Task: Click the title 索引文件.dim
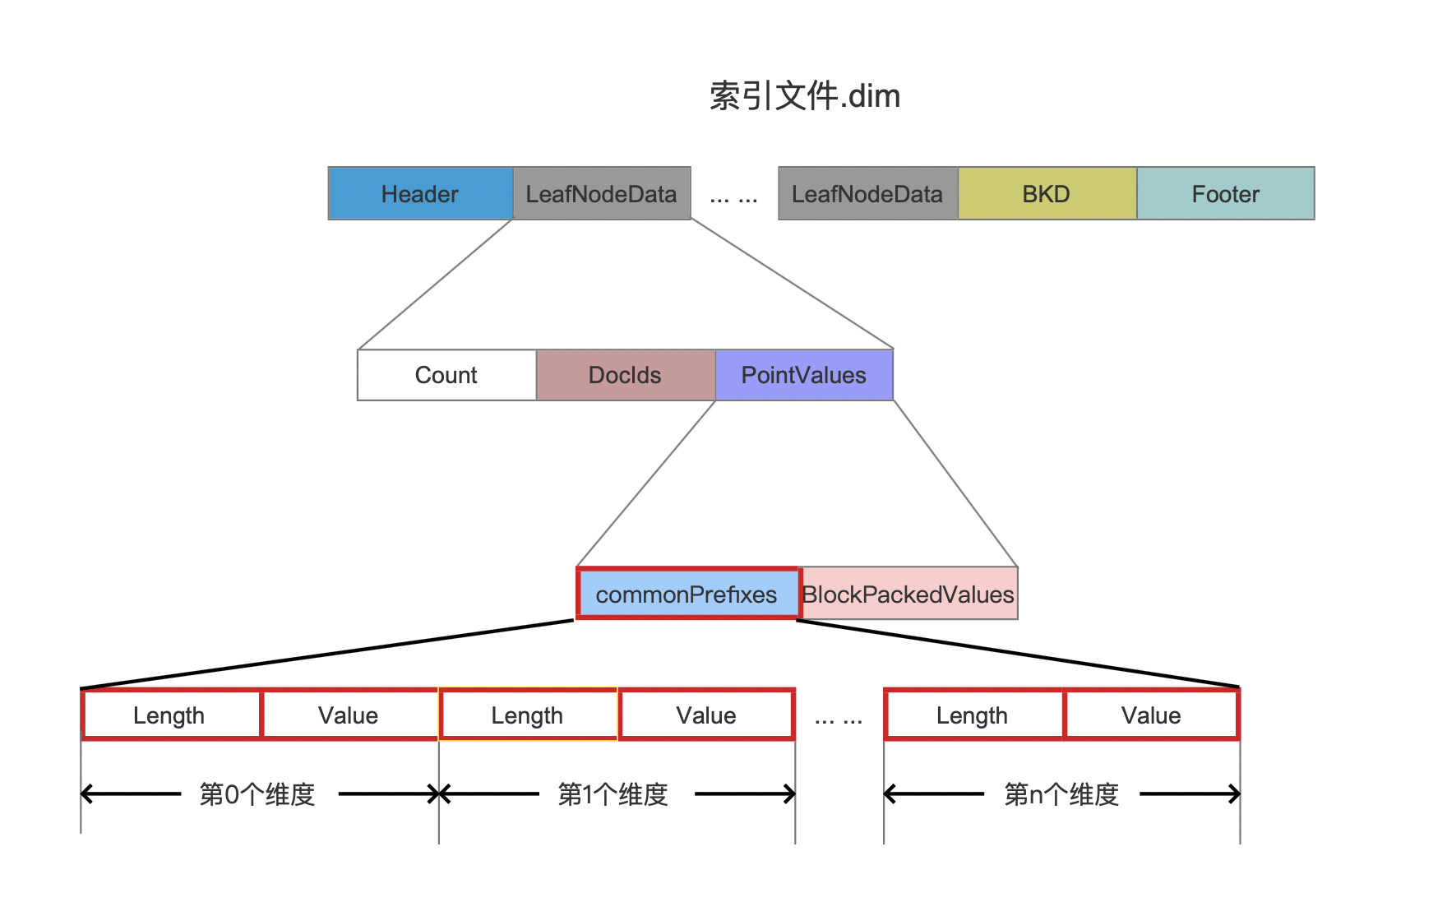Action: pos(805,96)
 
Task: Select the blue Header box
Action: pos(421,193)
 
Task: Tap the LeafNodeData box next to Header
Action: pos(602,193)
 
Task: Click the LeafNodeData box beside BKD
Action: pos(868,193)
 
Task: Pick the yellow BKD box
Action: pos(1047,193)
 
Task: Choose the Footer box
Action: pos(1226,193)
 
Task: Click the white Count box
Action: pos(446,375)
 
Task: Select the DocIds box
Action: pos(626,375)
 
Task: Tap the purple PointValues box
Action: pos(804,375)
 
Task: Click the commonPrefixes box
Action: pos(688,593)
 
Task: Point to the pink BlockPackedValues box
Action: pos(909,593)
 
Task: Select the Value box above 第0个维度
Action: pos(349,715)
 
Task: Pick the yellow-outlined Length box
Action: pos(528,715)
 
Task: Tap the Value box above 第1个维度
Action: pos(707,715)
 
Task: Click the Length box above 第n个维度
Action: pos(973,715)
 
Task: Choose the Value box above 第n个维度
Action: pos(1152,715)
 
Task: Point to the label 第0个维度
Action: pos(257,794)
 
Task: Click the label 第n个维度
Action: pos(1061,794)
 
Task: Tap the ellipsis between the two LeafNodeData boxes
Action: pos(734,198)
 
